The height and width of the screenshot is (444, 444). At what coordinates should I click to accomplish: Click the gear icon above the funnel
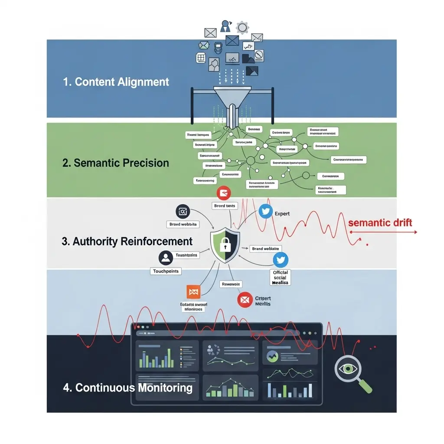click(242, 28)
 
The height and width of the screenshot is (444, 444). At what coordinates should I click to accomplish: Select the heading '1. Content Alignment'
click(116, 82)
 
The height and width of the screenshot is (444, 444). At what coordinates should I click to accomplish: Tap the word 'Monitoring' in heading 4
click(165, 387)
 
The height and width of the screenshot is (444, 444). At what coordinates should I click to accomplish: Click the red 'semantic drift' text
click(380, 223)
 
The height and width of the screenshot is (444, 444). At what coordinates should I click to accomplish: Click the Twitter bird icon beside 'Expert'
click(265, 212)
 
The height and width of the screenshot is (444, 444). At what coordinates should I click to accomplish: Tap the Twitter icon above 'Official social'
click(281, 260)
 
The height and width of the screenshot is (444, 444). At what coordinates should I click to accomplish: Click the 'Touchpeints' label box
click(166, 271)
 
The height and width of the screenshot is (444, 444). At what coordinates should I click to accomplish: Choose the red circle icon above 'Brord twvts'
click(224, 193)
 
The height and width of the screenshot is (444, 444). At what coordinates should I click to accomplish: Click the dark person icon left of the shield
click(165, 258)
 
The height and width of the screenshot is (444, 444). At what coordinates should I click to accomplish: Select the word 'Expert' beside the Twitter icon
click(282, 213)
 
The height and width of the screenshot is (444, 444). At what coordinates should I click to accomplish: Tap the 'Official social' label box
click(281, 277)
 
